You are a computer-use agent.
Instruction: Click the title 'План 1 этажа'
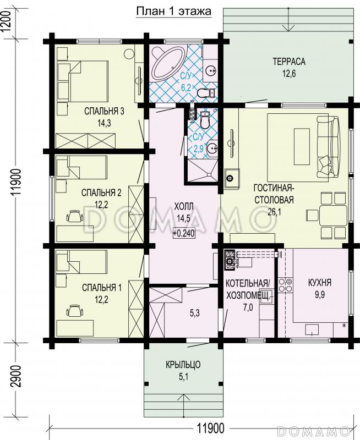point(173,12)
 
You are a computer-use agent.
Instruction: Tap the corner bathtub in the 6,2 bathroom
point(168,63)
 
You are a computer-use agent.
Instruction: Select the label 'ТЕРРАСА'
point(289,62)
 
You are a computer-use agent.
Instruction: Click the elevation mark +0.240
point(184,233)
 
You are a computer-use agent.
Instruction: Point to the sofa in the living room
point(330,147)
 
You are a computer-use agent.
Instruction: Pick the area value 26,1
point(274,212)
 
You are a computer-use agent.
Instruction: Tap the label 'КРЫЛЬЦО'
point(183,365)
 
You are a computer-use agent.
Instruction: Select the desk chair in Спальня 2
point(75,216)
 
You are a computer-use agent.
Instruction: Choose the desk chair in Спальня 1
point(75,311)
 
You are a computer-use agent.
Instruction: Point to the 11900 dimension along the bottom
point(210,428)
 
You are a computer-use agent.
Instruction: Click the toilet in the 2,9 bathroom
point(204,121)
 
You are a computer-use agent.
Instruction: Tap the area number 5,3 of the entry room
point(195,313)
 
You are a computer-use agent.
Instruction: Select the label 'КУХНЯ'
point(320,283)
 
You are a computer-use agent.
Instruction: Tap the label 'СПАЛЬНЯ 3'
point(104,111)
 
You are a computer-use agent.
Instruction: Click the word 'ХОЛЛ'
point(184,207)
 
